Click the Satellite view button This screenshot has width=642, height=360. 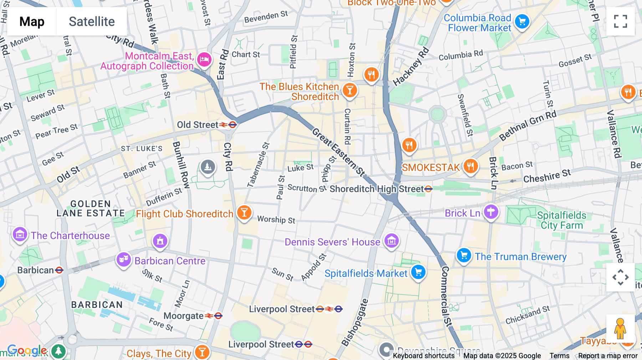[92, 21]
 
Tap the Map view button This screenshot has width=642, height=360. [32, 21]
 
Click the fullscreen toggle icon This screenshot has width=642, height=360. [620, 21]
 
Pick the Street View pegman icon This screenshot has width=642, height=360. [620, 329]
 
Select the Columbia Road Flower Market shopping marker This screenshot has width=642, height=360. [522, 22]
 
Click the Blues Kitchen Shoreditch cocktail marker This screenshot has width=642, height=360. [350, 90]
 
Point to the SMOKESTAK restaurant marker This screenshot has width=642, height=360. [470, 166]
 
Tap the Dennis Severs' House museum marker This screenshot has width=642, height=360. [391, 241]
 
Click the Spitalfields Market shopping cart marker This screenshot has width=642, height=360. [418, 272]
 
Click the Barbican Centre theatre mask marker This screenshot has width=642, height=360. [123, 259]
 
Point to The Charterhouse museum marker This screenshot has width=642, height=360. [20, 234]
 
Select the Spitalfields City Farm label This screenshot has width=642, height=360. [561, 220]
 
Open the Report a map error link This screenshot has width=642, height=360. [608, 356]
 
